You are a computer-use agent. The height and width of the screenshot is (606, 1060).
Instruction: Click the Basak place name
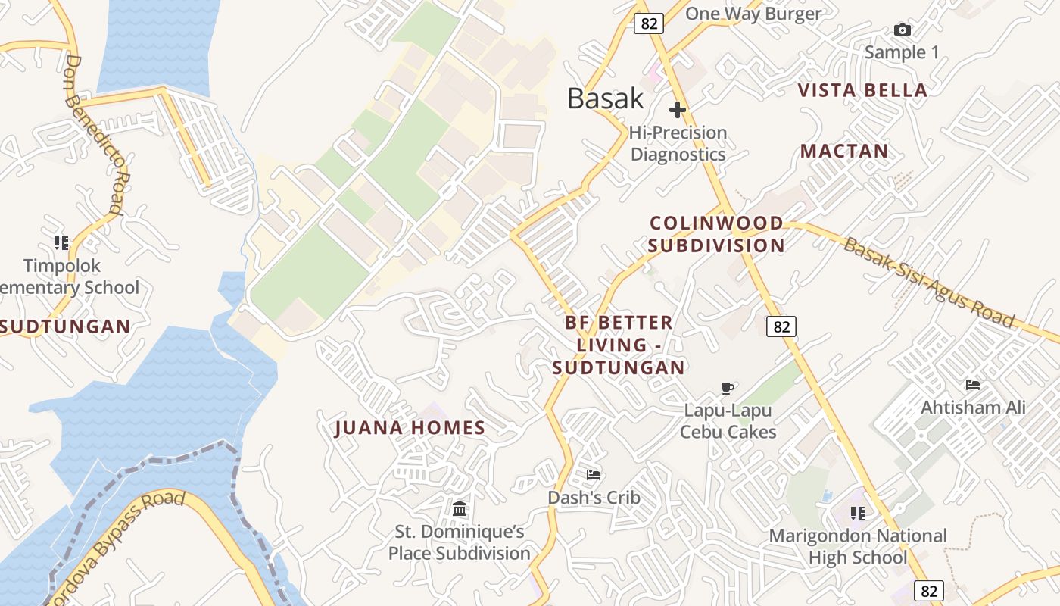click(x=605, y=98)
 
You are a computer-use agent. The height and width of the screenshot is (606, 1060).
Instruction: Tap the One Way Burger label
click(x=753, y=14)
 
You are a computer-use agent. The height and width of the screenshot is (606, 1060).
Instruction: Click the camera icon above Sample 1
click(x=902, y=30)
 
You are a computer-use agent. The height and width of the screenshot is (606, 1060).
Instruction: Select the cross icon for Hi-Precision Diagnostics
click(x=678, y=110)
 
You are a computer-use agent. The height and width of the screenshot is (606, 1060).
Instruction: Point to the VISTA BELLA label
click(x=862, y=91)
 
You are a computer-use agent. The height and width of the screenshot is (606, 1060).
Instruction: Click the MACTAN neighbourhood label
click(x=844, y=151)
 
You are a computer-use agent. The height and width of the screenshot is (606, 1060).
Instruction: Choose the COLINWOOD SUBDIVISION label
click(x=716, y=234)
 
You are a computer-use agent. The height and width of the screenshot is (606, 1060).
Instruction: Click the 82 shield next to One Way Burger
click(x=649, y=23)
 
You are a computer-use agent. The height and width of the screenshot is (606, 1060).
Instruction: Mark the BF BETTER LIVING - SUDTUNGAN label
click(x=619, y=345)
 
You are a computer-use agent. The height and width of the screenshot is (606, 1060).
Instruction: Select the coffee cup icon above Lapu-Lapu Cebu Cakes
click(x=728, y=389)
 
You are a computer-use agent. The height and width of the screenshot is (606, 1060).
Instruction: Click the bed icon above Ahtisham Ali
click(x=973, y=386)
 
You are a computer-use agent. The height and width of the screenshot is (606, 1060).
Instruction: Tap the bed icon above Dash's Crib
click(x=594, y=475)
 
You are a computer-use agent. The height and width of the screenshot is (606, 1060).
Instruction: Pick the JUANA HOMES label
click(x=410, y=428)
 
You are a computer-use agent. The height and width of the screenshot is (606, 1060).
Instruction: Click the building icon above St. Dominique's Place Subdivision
click(x=460, y=508)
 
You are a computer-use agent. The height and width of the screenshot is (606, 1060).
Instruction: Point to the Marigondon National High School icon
click(x=857, y=514)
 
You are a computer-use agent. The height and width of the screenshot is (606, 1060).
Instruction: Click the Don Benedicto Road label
click(x=95, y=135)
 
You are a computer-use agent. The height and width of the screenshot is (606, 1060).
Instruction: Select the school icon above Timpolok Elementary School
click(x=61, y=243)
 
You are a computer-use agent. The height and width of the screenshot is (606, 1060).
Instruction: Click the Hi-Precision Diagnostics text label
click(x=678, y=143)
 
